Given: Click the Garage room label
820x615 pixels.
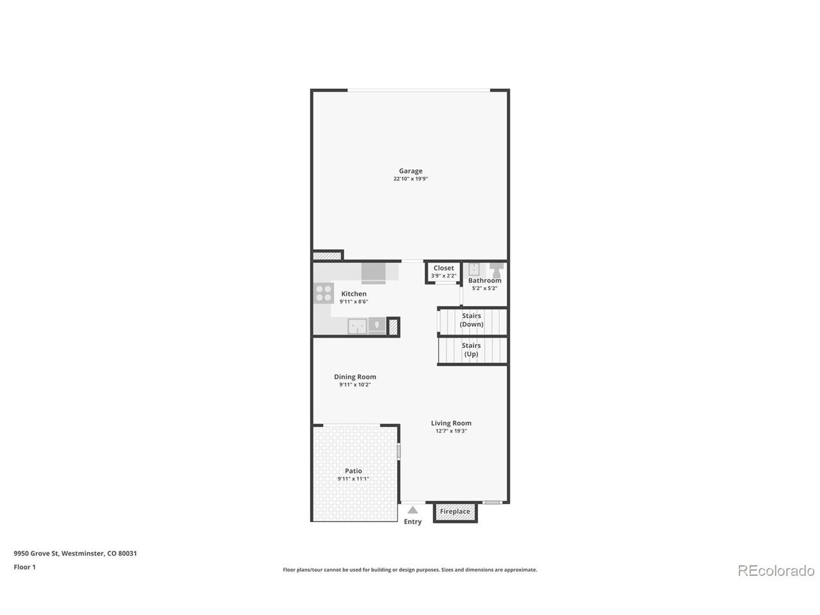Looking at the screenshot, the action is click(411, 171).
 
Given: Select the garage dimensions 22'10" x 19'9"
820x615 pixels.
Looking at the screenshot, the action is click(411, 179).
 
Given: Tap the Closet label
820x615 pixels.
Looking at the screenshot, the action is click(443, 268).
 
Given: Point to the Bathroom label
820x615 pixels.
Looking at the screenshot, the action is click(484, 281).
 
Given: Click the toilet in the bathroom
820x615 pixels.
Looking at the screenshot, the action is click(496, 270).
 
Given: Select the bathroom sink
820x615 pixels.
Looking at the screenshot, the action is click(474, 269).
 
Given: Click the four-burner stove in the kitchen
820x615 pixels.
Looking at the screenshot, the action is click(324, 293).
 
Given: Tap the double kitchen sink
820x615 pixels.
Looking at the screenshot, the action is click(357, 327).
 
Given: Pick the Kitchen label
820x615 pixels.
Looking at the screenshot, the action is click(354, 294).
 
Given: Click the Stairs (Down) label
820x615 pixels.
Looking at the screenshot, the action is click(471, 320).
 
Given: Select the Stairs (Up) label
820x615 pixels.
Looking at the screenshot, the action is click(471, 350).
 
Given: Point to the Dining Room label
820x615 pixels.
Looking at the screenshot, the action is click(355, 377).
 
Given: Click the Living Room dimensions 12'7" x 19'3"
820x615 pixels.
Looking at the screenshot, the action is click(451, 431).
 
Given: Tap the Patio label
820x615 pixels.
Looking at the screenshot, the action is click(353, 471).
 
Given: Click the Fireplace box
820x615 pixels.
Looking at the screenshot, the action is click(455, 512).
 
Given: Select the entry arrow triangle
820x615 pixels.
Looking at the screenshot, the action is click(413, 510).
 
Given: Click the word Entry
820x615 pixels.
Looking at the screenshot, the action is click(413, 521).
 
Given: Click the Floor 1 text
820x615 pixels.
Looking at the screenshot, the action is click(24, 567).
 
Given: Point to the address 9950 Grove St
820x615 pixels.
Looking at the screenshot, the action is click(37, 553).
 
